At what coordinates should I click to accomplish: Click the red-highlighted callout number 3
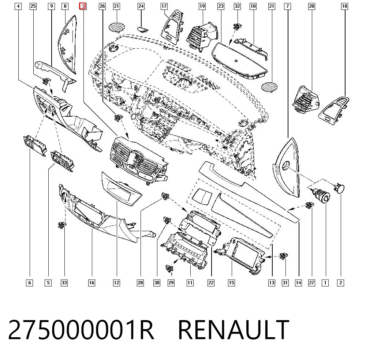pyautogui.click(x=83, y=6)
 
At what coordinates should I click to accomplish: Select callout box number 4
pyautogui.click(x=18, y=6)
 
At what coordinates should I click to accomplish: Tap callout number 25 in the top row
pyautogui.click(x=33, y=6)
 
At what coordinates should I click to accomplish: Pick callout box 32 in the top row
pyautogui.click(x=237, y=6)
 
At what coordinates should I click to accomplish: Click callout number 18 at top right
pyautogui.click(x=344, y=6)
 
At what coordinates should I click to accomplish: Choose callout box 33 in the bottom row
pyautogui.click(x=64, y=283)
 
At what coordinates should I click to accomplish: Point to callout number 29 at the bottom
pyautogui.click(x=171, y=283)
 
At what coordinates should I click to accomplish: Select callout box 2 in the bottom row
pyautogui.click(x=340, y=283)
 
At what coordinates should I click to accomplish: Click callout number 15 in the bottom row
pyautogui.click(x=231, y=283)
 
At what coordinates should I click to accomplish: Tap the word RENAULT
pyautogui.click(x=234, y=330)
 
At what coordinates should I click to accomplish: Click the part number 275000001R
pyautogui.click(x=81, y=330)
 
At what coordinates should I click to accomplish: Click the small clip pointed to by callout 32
pyautogui.click(x=238, y=26)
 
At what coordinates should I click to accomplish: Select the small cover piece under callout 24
pyautogui.click(x=142, y=29)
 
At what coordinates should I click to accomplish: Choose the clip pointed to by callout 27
pyautogui.click(x=310, y=205)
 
